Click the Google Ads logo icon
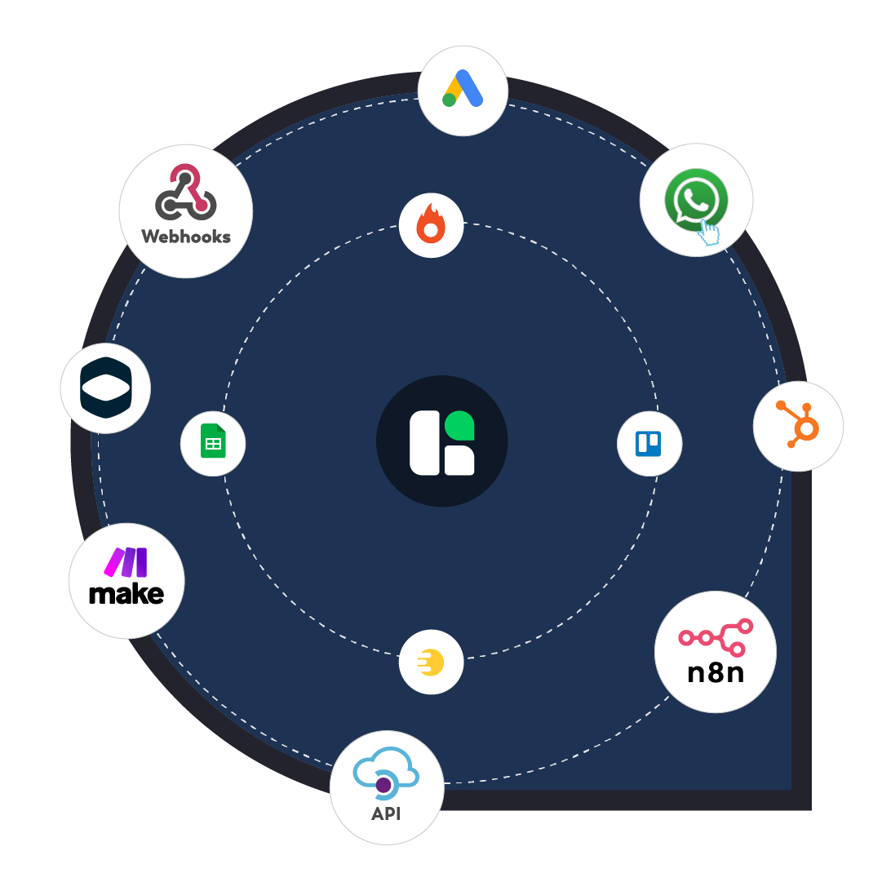(463, 88)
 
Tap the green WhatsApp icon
(694, 198)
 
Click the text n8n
(715, 673)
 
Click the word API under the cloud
(386, 814)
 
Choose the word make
(126, 593)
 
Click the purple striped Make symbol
(126, 562)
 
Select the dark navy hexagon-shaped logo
(105, 388)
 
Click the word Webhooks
(186, 237)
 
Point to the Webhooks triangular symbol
(185, 193)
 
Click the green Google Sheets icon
(213, 443)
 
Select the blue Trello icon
(649, 444)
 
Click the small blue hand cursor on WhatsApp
(709, 233)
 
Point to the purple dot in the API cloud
(383, 785)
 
